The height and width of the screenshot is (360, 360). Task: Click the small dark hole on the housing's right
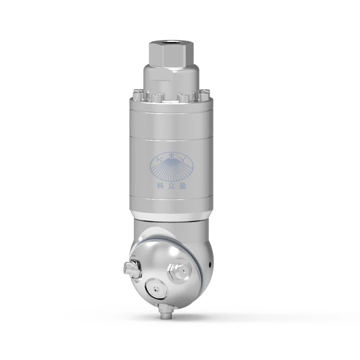click(x=209, y=265)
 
